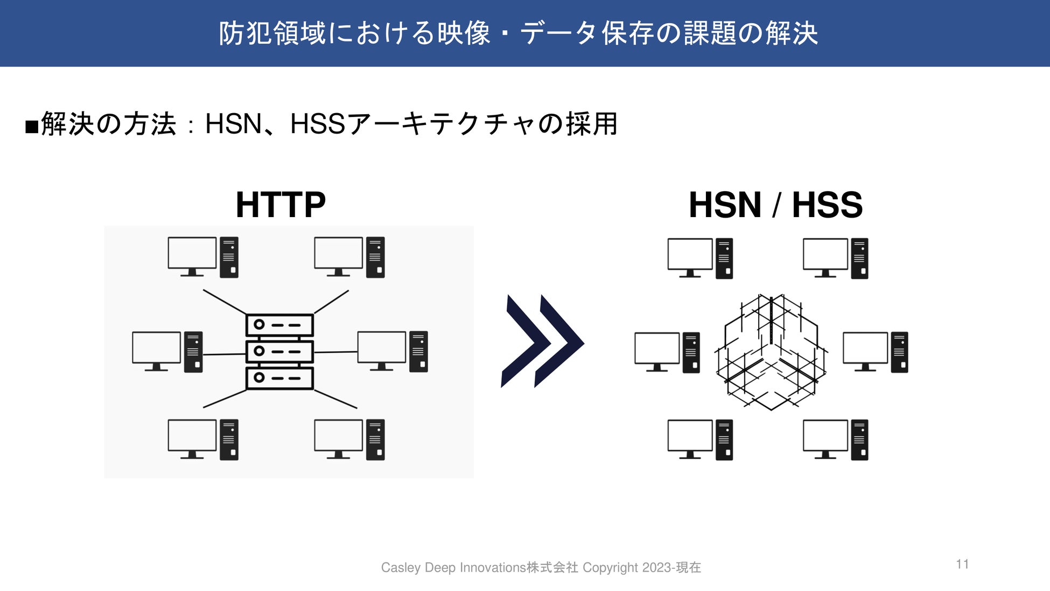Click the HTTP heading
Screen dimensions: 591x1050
pyautogui.click(x=281, y=205)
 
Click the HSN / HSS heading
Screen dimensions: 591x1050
pyautogui.click(x=775, y=205)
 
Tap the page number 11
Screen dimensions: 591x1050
pyautogui.click(x=963, y=564)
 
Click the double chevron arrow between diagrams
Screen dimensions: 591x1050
pyautogui.click(x=542, y=341)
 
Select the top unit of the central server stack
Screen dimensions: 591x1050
pyautogui.click(x=279, y=325)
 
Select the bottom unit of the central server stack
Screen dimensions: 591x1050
pyautogui.click(x=279, y=378)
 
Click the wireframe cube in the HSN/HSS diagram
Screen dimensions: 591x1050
pyautogui.click(x=771, y=352)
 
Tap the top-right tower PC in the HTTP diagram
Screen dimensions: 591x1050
pyautogui.click(x=375, y=257)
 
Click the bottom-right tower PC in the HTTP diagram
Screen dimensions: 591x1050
pyautogui.click(x=375, y=439)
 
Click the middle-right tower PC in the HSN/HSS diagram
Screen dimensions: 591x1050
pyautogui.click(x=899, y=352)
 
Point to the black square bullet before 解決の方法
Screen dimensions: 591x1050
pyautogui.click(x=32, y=127)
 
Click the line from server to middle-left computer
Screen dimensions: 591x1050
pyautogui.click(x=224, y=354)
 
